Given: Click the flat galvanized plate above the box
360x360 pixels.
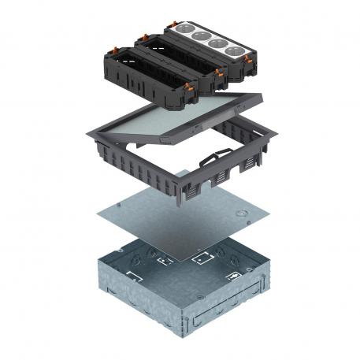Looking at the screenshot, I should [173, 221].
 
